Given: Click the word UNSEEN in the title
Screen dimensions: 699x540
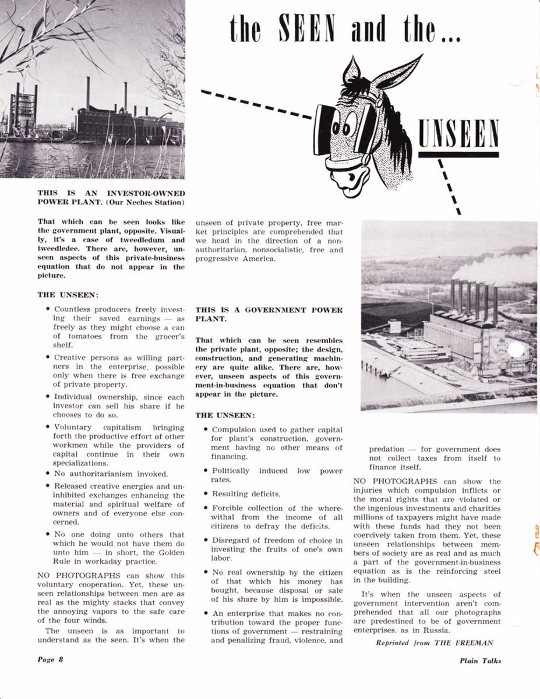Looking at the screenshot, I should click(x=458, y=133).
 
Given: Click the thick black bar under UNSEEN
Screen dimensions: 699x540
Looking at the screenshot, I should click(x=458, y=154).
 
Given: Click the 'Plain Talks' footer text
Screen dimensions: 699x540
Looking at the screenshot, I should click(x=479, y=660).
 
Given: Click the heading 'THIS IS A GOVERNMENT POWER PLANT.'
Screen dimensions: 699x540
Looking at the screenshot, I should click(x=269, y=315).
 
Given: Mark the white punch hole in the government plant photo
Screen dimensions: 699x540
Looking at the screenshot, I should click(x=515, y=351).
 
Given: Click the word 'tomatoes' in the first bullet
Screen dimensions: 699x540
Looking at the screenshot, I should click(x=77, y=336).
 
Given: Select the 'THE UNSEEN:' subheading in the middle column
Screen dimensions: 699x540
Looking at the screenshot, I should click(x=225, y=415).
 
